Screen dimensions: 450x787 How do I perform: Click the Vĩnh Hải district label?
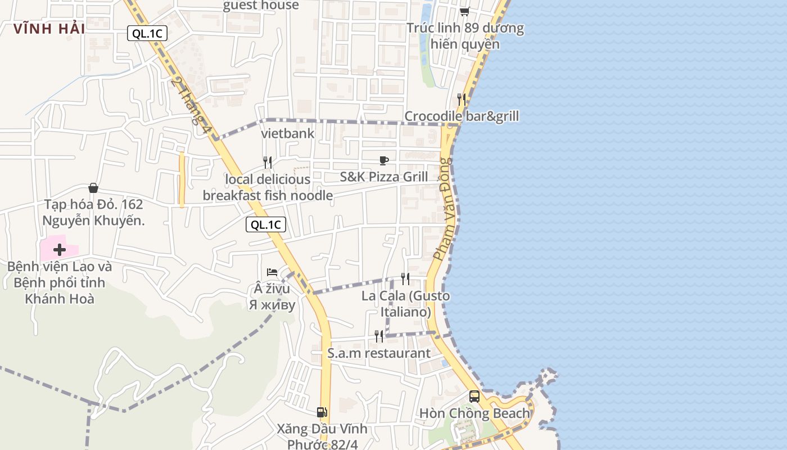pos(49,29)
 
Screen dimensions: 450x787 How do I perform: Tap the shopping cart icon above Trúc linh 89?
pos(465,11)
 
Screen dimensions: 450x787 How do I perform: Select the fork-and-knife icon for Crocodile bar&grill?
pos(462,100)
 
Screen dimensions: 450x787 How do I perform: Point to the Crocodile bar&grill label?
pos(462,116)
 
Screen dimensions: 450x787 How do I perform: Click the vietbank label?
pos(288,134)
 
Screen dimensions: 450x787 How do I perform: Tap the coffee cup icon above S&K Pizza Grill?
pos(384,160)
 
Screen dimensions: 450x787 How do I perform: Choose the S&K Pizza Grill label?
pos(384,177)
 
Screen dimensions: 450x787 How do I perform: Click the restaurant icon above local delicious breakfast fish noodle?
pos(268,163)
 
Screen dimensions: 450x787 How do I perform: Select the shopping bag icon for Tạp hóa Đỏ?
pos(93,188)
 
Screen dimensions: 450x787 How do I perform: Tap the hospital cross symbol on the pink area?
pos(60,249)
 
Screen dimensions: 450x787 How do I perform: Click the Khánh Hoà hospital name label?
pos(60,282)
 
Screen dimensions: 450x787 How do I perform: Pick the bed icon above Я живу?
pos(273,272)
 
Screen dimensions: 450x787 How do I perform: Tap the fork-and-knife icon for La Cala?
pos(405,278)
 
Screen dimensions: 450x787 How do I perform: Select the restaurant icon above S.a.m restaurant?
pos(379,336)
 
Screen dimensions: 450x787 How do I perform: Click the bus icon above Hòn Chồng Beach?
pos(474,397)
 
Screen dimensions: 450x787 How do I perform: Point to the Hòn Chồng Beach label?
pos(474,413)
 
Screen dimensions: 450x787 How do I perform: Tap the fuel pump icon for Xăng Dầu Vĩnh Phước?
pos(322,412)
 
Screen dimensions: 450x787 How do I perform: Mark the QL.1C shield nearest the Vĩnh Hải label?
pos(147,34)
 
